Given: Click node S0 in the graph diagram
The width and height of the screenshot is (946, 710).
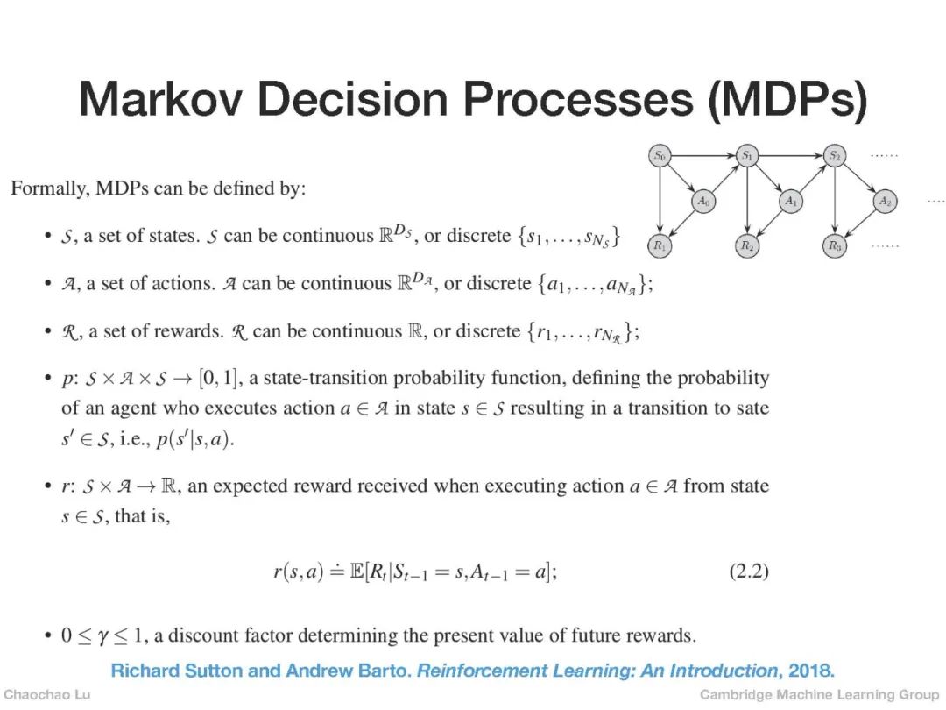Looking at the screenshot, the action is point(659,156).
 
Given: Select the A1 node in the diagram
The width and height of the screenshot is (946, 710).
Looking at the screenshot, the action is point(791,201).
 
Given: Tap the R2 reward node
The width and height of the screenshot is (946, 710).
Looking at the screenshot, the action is point(747,246).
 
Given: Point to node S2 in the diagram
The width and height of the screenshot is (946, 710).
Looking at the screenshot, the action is point(835,156).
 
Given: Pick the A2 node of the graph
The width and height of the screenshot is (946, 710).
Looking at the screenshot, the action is point(886,201).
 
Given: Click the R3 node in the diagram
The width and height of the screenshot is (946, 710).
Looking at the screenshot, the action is point(835,246).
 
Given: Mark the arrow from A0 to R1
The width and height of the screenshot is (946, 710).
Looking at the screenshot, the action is point(681,224).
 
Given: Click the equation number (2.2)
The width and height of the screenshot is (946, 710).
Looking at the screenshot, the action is point(749,572).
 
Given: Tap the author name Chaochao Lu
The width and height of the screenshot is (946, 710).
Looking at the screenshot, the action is point(46,695).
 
